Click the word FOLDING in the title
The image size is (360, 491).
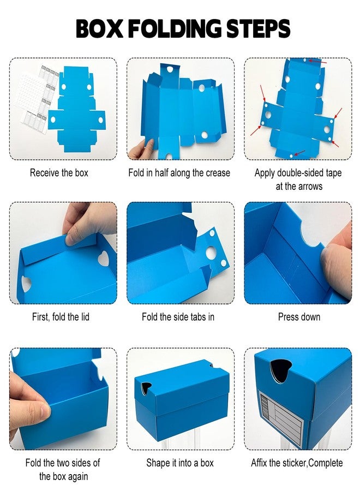(175, 28)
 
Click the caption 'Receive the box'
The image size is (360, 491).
(59, 172)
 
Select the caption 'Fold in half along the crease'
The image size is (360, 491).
(179, 172)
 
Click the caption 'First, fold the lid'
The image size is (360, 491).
(61, 317)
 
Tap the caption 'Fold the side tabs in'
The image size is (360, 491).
(178, 317)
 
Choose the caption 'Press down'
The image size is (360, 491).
(299, 317)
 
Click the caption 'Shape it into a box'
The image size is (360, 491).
(180, 463)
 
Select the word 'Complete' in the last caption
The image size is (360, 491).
(325, 463)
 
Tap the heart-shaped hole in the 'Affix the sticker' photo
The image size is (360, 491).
(280, 370)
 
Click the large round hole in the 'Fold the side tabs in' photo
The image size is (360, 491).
(211, 253)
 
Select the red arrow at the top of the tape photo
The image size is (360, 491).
(317, 61)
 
